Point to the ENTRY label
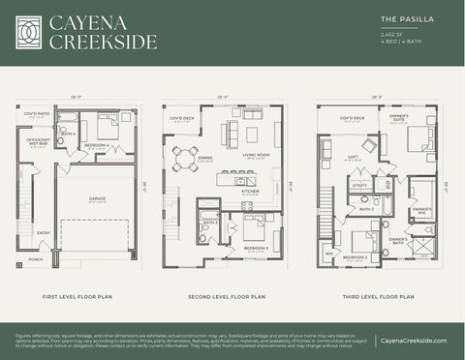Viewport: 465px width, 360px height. tap(44, 232)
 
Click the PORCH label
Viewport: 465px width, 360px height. tap(36, 258)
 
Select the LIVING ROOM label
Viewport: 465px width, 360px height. tap(255, 154)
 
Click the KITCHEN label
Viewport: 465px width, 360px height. tap(250, 191)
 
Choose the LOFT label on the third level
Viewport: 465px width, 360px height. tap(353, 156)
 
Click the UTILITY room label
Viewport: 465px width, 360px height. tap(359, 184)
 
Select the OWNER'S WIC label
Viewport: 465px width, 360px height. tap(421, 209)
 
